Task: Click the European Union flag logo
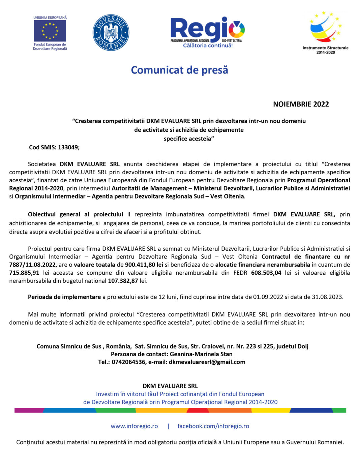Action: [x=50, y=31]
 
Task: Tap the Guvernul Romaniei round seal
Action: [x=111, y=33]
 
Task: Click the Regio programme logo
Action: [x=208, y=32]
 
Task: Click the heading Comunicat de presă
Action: [x=180, y=70]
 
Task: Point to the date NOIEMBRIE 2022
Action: [x=301, y=104]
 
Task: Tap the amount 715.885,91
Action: [x=24, y=273]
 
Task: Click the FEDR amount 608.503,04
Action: [x=266, y=273]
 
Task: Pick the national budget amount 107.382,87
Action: [x=123, y=281]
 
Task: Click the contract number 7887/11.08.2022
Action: [x=32, y=265]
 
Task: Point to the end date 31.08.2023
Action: [x=327, y=297]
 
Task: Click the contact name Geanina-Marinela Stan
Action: [x=201, y=354]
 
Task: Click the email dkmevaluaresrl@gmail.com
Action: [x=207, y=362]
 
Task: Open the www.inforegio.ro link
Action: [x=134, y=426]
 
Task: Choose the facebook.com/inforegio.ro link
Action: [x=213, y=426]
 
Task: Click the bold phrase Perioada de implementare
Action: [x=64, y=297]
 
